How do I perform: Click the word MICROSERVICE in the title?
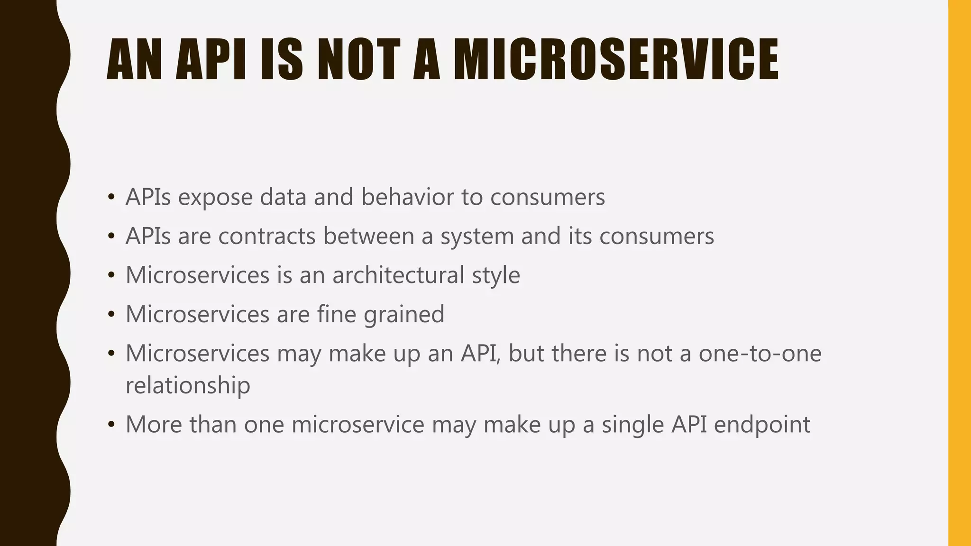(x=616, y=60)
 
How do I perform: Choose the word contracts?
(x=267, y=236)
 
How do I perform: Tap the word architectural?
(x=398, y=275)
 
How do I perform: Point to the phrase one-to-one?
(x=760, y=354)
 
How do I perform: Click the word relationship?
(x=188, y=385)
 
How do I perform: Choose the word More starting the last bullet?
(x=154, y=424)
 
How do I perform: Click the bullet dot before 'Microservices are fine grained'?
(x=111, y=314)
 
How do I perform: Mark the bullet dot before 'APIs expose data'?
(x=111, y=197)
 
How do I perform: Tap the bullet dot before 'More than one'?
(x=111, y=424)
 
